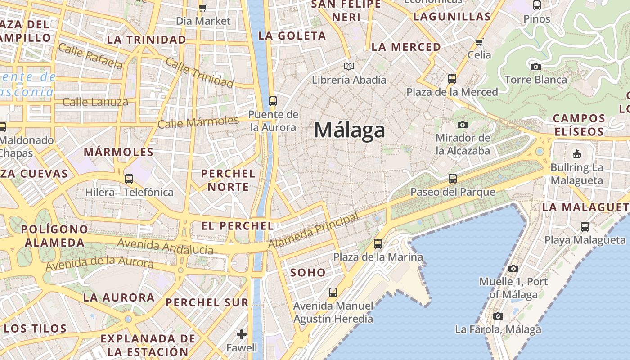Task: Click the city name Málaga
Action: [350, 130]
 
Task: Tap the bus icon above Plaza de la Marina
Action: [378, 244]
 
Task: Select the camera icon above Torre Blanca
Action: [535, 67]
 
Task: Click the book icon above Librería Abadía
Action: [349, 67]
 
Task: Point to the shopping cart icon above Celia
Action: [479, 42]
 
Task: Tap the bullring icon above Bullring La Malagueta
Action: [576, 154]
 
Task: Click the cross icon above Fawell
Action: [242, 334]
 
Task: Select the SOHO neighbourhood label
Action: [308, 272]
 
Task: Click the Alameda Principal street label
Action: [314, 230]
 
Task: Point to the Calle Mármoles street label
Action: [198, 122]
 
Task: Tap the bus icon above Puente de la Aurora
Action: [273, 101]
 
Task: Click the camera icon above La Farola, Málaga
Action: [498, 316]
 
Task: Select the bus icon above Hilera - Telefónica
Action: [129, 179]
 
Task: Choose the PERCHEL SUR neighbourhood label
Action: [207, 302]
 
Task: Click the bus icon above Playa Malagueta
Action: [585, 227]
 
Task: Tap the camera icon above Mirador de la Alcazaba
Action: [462, 125]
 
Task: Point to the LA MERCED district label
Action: [406, 47]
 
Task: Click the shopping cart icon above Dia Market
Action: [202, 7]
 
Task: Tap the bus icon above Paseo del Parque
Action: [453, 179]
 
